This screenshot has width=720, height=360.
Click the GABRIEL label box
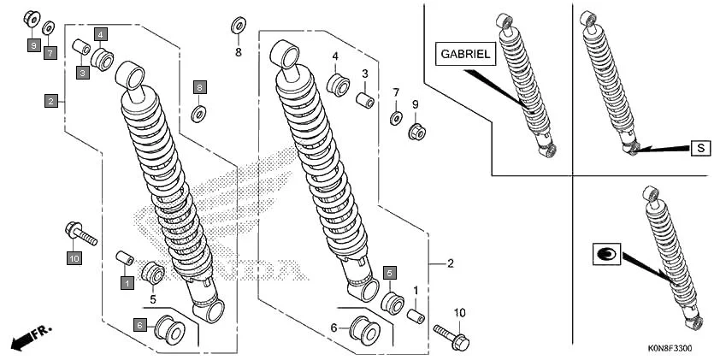click(466, 54)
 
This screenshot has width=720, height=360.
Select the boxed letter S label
click(700, 148)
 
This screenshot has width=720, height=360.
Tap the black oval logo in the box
click(606, 253)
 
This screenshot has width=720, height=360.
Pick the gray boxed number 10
click(74, 257)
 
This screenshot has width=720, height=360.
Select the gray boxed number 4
click(101, 34)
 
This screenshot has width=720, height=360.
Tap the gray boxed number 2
click(52, 101)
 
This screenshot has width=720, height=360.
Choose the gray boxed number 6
click(139, 325)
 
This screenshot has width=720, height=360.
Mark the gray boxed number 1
click(127, 281)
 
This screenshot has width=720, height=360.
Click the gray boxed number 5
click(390, 273)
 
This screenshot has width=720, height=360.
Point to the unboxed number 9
click(416, 104)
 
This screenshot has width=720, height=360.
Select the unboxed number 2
click(450, 263)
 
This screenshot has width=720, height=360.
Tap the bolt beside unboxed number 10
click(450, 333)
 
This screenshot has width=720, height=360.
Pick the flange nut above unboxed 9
click(418, 132)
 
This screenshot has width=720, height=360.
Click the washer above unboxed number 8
click(237, 25)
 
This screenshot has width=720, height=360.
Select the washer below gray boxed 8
click(199, 113)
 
